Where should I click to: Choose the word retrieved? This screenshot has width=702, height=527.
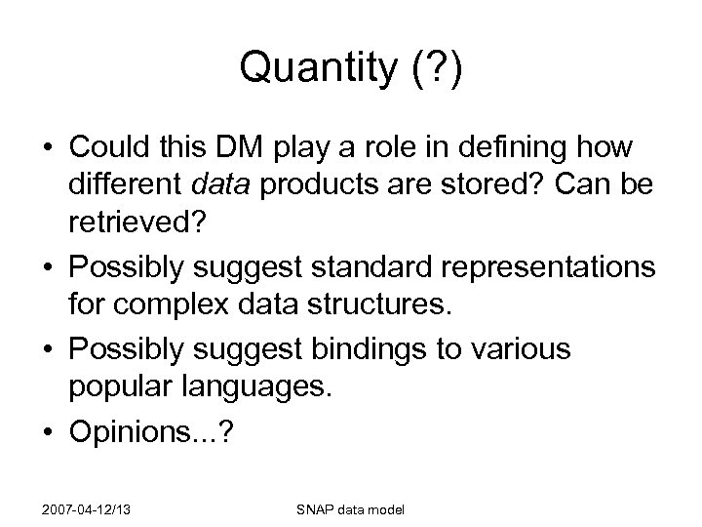(x=136, y=222)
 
